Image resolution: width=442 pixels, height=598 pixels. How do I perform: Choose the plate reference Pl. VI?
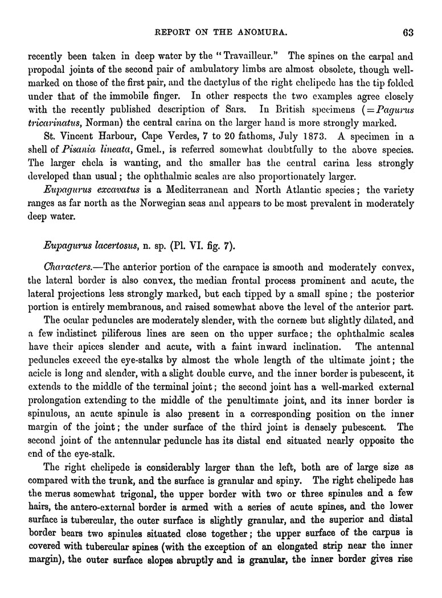pyautogui.click(x=179, y=246)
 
